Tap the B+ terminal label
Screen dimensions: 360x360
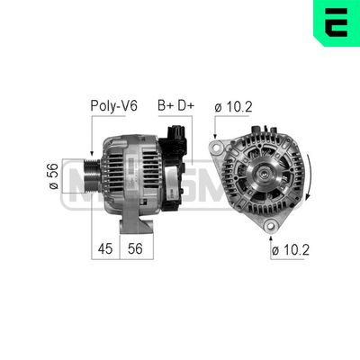point(166,105)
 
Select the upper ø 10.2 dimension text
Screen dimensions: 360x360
point(234,105)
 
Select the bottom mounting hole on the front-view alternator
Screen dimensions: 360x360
point(269,223)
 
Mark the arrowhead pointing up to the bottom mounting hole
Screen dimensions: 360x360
point(269,232)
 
